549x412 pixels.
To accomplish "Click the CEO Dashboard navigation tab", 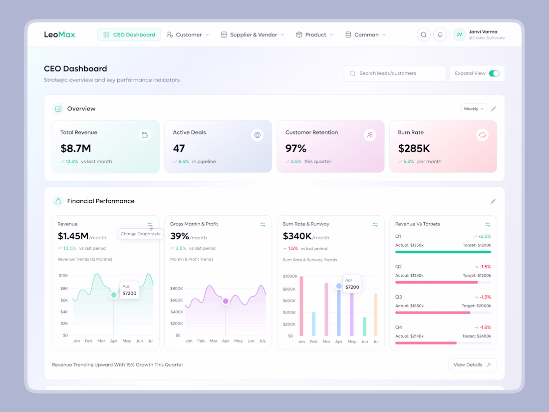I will click(x=129, y=35).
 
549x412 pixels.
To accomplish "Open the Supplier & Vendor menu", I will click(x=253, y=35).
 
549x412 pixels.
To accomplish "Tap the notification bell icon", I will click(x=440, y=35).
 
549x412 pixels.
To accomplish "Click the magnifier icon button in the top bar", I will click(x=424, y=35).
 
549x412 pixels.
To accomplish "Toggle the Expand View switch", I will click(x=494, y=73).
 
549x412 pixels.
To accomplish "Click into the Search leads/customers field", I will click(x=395, y=73).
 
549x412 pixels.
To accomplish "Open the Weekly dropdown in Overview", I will click(x=474, y=109).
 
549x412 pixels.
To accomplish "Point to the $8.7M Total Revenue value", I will click(x=76, y=148).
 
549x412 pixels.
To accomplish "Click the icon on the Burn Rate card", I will click(x=482, y=135).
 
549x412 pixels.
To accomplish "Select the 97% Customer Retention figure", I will click(x=296, y=148).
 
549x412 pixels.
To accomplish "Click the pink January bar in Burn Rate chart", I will click(x=301, y=306).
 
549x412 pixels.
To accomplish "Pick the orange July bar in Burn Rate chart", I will click(x=376, y=315).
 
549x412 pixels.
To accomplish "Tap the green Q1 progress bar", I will click(x=443, y=252).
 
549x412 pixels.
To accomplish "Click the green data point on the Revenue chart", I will click(x=114, y=295).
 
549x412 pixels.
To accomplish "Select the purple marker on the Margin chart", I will click(x=226, y=301).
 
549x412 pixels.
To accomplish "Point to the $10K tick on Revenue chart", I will click(x=63, y=276).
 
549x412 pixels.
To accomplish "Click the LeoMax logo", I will click(x=59, y=35).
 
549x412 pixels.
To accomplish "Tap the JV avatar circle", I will click(x=459, y=35).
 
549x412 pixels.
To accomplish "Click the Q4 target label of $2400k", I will click(x=476, y=336).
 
